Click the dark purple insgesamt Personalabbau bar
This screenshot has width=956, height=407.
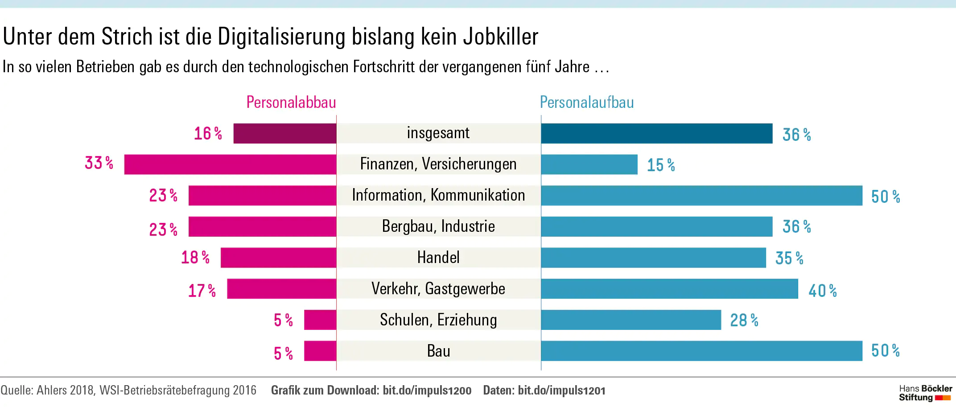pos(284,133)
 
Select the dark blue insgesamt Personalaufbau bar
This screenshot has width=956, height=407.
pos(656,133)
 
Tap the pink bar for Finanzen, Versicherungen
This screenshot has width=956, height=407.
pos(230,164)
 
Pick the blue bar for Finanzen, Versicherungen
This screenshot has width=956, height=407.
pos(589,164)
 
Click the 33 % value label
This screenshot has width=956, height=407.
pos(99,163)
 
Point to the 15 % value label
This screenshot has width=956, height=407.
pos(661,165)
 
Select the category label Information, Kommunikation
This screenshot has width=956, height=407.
pos(438,195)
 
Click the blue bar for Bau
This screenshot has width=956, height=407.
pos(701,351)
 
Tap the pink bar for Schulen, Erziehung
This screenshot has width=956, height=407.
pos(320,320)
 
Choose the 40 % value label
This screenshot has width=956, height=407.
pos(823,291)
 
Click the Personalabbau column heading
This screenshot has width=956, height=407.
pos(291,103)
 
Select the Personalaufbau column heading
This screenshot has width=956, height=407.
pos(587,103)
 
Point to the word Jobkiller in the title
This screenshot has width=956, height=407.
pos(500,37)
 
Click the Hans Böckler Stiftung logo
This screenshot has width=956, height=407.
pos(925,393)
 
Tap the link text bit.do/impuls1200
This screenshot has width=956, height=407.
pos(427,391)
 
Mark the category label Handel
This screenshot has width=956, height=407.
pos(438,258)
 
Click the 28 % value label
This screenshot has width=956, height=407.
pos(744,320)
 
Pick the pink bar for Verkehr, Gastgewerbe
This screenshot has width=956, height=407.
pos(281,288)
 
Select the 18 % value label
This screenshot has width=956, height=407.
pos(195,258)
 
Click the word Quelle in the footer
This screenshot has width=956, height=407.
pos(16,391)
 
